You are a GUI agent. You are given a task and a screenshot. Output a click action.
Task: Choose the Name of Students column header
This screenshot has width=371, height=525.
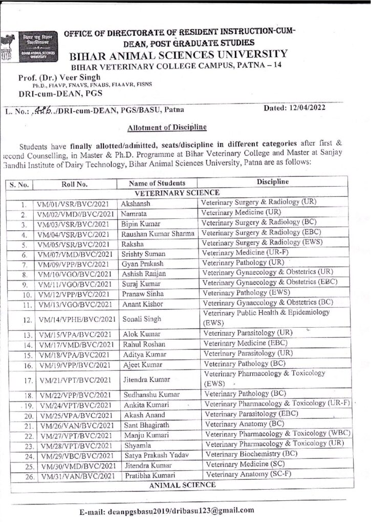pyautogui.click(x=157, y=183)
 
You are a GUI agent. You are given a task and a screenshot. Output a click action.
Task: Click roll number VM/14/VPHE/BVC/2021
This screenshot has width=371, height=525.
pyautogui.click(x=76, y=319)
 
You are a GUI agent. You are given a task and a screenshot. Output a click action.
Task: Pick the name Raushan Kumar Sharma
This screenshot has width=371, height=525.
pyautogui.click(x=158, y=233)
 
